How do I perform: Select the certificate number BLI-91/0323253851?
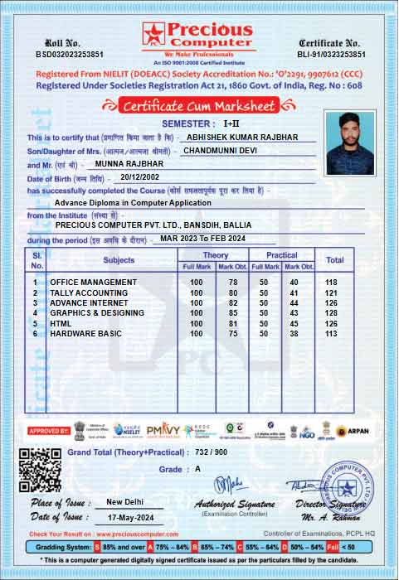click(330, 54)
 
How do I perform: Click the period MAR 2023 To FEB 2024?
click(202, 239)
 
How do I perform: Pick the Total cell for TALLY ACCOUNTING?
click(334, 292)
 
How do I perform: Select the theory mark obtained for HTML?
click(232, 323)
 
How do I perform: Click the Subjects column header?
click(119, 260)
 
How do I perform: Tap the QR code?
click(40, 470)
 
